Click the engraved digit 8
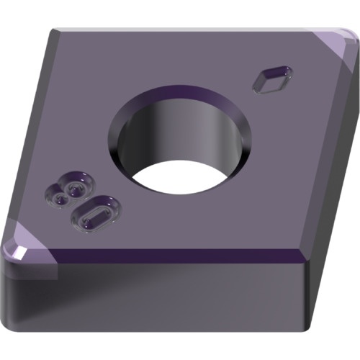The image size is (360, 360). (x=70, y=189)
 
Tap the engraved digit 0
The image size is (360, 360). (x=96, y=215)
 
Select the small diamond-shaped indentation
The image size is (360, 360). (x=273, y=79)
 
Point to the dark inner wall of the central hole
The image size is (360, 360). (x=178, y=135)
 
